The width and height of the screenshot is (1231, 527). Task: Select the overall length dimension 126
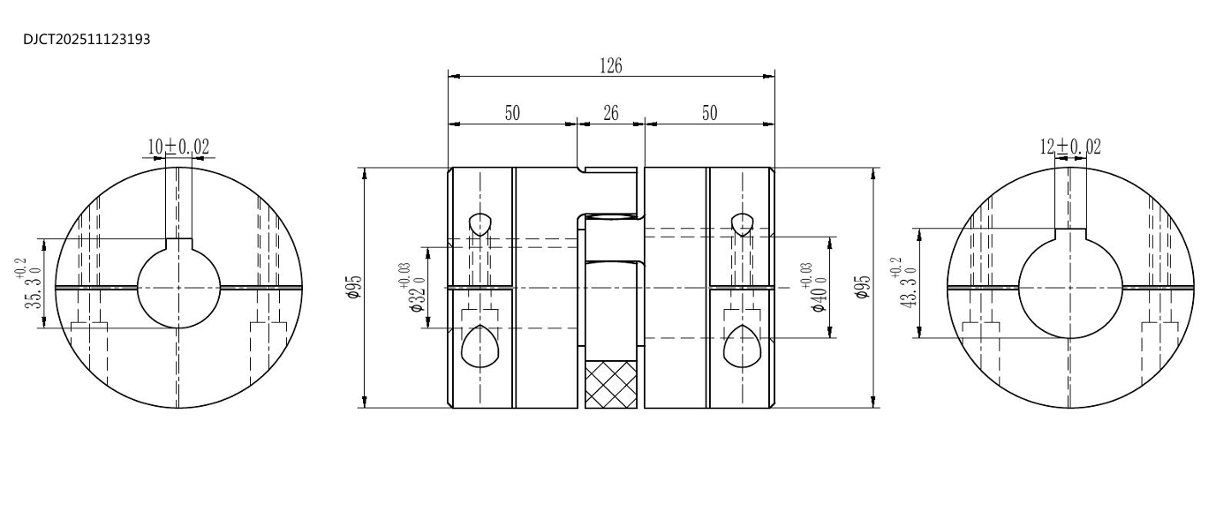click(x=610, y=66)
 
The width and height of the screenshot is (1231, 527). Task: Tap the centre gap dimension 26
click(x=610, y=113)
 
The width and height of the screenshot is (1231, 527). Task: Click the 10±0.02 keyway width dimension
click(x=178, y=147)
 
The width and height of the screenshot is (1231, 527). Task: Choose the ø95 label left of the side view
click(x=352, y=287)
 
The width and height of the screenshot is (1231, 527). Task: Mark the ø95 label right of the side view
click(x=863, y=287)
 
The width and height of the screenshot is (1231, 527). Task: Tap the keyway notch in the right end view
click(x=1070, y=234)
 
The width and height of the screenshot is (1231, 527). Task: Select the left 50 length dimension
click(x=512, y=113)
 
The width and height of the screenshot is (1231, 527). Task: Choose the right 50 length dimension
click(x=709, y=113)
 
